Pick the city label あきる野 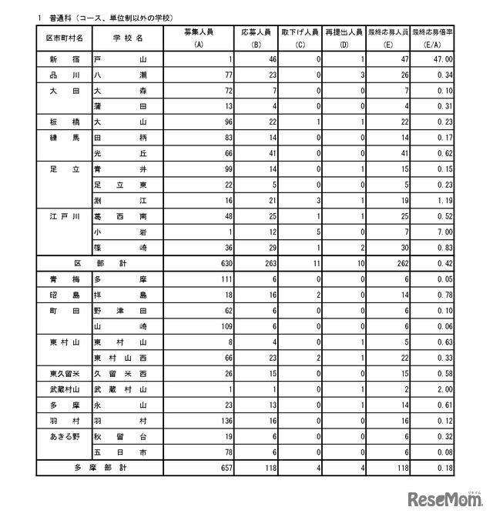[65, 435]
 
